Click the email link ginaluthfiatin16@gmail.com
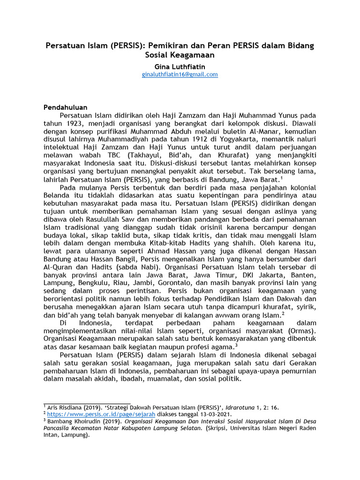coord(180,75)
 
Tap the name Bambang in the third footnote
coord(60,421)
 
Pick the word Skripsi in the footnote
coord(220,428)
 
